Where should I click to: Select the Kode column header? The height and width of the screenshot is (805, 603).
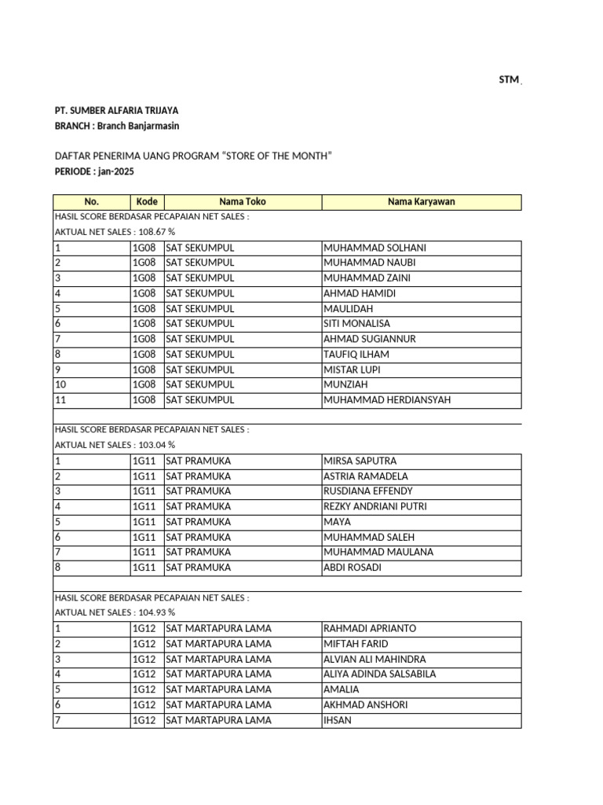point(147,202)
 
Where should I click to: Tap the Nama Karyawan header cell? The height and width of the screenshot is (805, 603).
point(421,202)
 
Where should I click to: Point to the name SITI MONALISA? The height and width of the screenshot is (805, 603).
point(356,324)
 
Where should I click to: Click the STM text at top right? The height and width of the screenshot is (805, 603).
point(509,80)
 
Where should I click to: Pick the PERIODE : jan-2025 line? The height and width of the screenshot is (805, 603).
point(89,171)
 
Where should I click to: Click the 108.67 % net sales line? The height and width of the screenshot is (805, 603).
point(115,233)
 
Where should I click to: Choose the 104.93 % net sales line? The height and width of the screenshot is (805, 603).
point(115,613)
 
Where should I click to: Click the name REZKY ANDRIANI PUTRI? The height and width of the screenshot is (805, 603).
point(375,507)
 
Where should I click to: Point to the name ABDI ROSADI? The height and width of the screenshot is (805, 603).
point(353,568)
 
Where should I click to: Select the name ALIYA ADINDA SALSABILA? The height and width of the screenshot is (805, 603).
point(379,675)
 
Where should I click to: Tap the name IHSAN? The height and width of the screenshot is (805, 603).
point(337,720)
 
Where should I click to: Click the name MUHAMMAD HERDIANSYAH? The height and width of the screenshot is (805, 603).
point(387,400)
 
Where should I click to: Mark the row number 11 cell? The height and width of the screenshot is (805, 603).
point(60,400)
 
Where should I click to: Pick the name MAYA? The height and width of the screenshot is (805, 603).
point(337,522)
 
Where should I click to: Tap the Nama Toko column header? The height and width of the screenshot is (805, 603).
point(243,202)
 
